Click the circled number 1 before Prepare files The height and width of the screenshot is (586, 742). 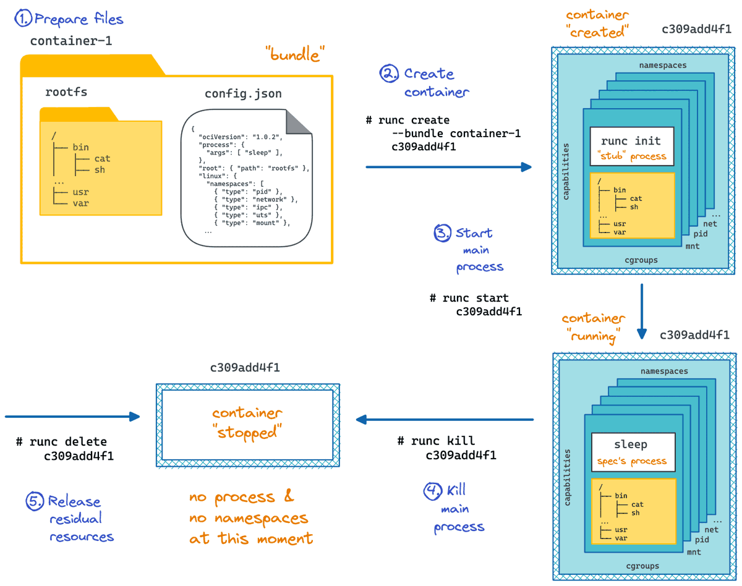(23, 19)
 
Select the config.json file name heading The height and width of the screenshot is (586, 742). (243, 93)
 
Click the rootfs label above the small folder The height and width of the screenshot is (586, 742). (66, 92)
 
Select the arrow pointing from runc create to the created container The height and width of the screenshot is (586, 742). (448, 167)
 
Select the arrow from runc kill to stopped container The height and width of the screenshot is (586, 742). (444, 420)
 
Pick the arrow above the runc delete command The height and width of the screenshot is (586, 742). (71, 416)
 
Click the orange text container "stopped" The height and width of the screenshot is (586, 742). (247, 422)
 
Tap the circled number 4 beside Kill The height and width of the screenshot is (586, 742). (432, 491)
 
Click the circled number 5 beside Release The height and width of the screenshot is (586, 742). (35, 501)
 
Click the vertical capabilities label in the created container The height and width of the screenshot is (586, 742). (566, 172)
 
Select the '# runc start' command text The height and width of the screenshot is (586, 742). (469, 298)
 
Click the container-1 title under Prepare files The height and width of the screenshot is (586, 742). (71, 41)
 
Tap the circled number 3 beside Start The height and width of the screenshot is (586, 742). (442, 234)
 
